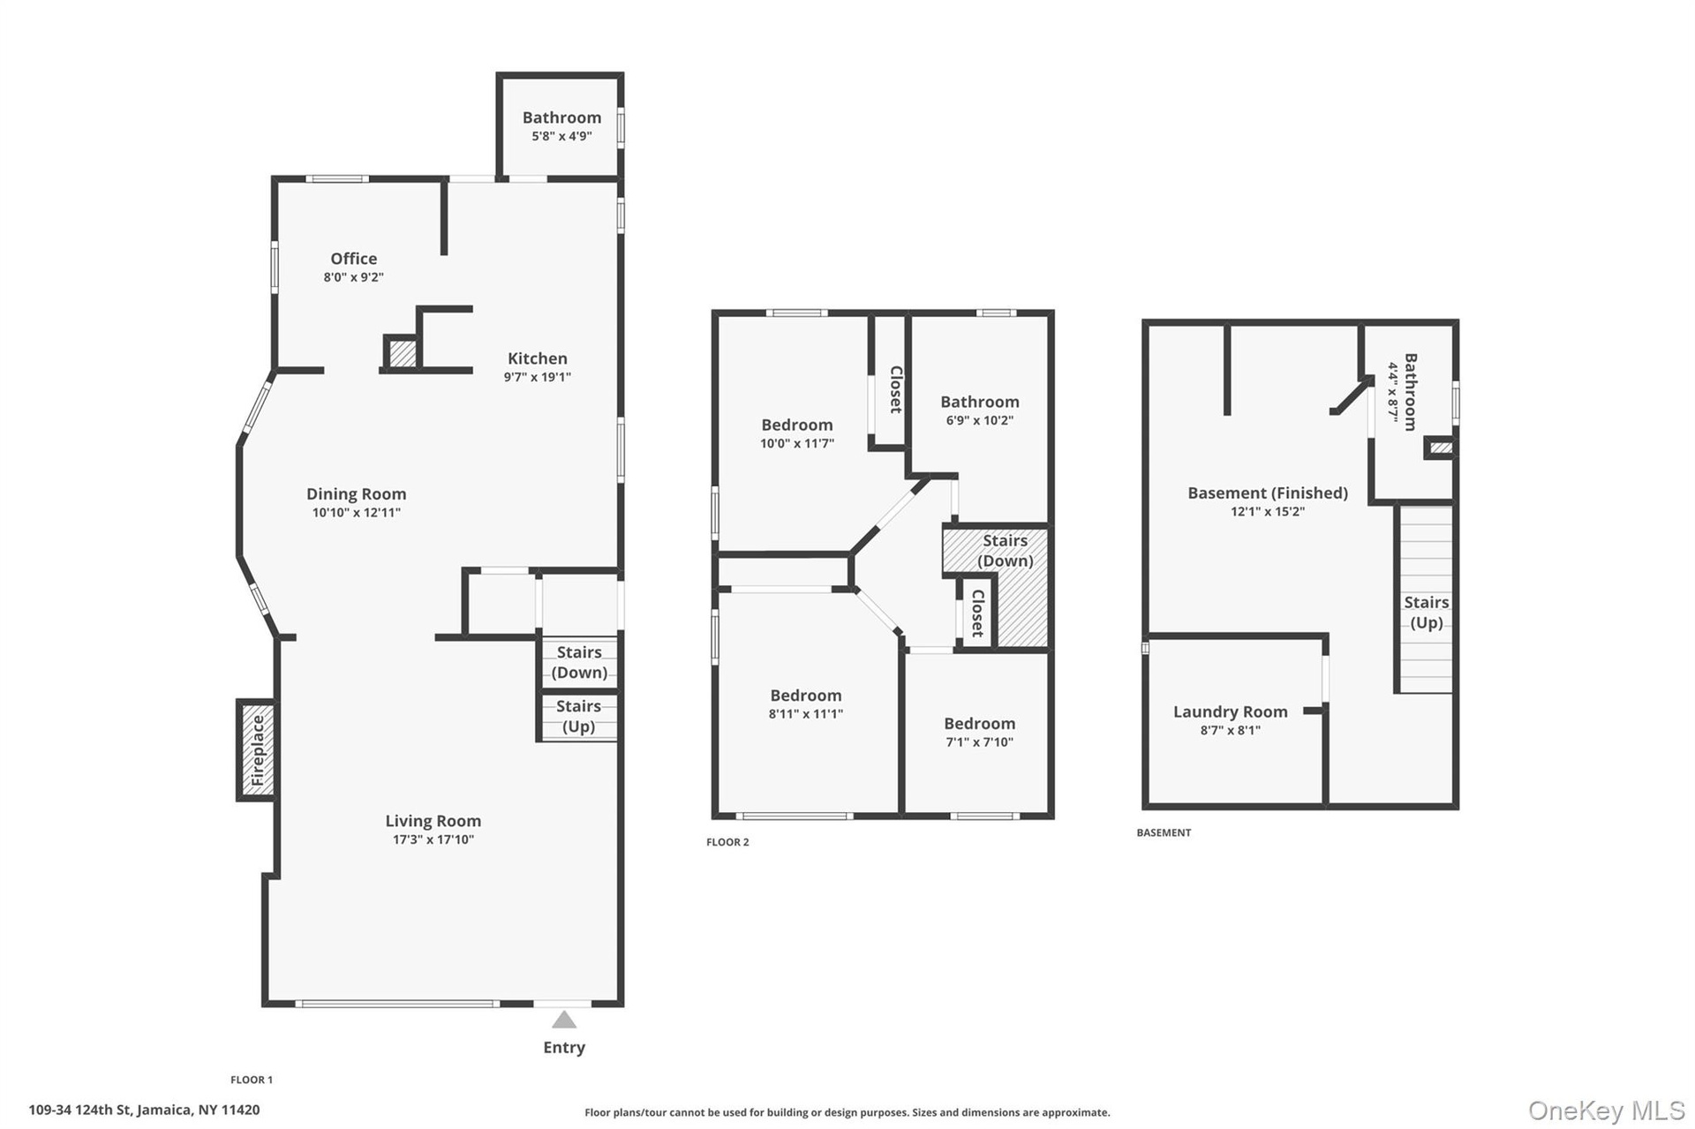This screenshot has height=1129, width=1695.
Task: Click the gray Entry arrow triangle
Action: click(x=564, y=1020)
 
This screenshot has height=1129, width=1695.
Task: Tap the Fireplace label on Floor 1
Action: click(x=258, y=750)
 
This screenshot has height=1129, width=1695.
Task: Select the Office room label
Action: click(x=354, y=259)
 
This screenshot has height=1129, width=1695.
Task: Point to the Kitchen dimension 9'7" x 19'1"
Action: click(x=538, y=377)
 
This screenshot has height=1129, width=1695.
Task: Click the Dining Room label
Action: click(x=357, y=494)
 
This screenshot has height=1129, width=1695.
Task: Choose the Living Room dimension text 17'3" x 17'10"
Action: click(x=433, y=839)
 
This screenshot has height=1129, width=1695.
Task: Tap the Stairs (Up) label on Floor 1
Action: click(x=578, y=716)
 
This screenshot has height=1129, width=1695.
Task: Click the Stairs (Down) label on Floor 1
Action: click(x=579, y=662)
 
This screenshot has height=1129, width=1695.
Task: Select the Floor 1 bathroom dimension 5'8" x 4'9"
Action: click(x=561, y=136)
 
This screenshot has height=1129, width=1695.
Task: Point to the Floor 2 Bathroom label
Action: click(x=980, y=402)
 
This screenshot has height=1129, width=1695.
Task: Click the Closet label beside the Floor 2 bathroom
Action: click(x=896, y=389)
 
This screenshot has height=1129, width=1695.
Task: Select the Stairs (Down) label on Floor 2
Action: click(x=1006, y=551)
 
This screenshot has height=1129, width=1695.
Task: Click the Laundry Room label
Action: click(x=1231, y=711)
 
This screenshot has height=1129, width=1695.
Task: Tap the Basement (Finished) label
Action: click(x=1268, y=493)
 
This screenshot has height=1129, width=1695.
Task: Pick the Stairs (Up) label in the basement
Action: click(x=1427, y=613)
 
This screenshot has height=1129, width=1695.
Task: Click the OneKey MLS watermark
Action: click(x=1607, y=1110)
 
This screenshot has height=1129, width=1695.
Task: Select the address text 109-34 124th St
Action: click(x=81, y=1110)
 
